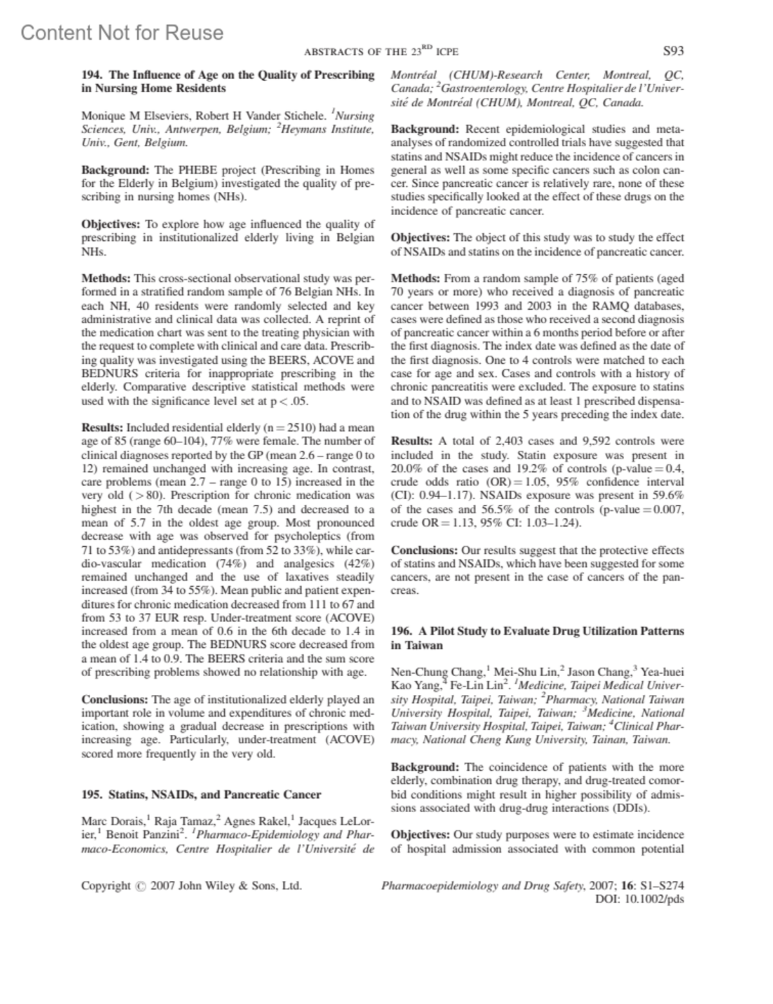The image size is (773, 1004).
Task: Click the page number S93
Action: tap(673, 51)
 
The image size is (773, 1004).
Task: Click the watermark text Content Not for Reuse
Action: tap(122, 32)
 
